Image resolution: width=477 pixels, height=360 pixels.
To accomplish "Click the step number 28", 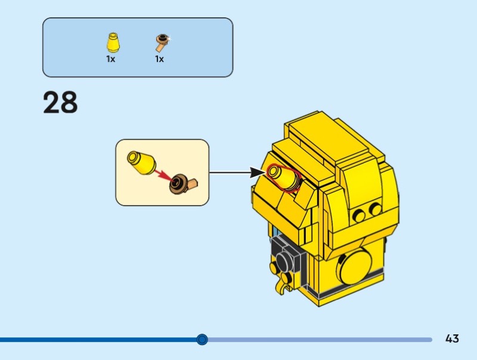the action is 60,102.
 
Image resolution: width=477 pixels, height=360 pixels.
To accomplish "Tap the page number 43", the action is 452,339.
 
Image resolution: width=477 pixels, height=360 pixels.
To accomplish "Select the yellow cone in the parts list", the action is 113,42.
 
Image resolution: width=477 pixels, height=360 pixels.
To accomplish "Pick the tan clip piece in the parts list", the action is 163,42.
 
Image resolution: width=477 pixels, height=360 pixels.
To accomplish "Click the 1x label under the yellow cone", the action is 111,58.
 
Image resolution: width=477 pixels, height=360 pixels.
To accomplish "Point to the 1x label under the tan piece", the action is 159,58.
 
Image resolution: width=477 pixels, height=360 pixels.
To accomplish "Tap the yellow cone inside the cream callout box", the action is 141,163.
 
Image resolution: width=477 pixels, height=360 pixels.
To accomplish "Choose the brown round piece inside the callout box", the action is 178,184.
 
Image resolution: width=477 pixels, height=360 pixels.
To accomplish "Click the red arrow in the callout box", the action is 163,175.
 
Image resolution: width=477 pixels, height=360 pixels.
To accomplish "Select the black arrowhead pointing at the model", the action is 257,172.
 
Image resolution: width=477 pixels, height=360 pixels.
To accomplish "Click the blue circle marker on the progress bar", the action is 202,339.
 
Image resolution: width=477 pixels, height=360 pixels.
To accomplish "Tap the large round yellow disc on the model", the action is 356,266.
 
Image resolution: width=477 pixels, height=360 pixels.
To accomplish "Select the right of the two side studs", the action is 374,209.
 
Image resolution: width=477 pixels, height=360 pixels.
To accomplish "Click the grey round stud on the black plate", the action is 283,262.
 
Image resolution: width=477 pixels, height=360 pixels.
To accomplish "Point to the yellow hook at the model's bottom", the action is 281,287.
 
